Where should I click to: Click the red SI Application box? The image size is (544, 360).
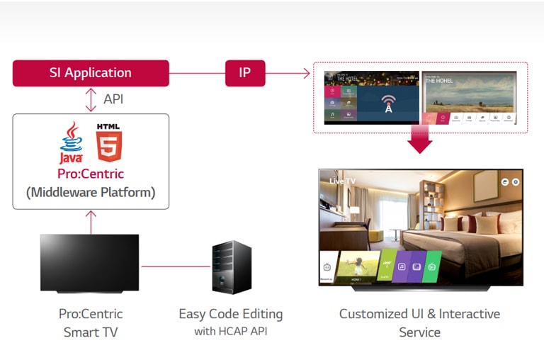[x=91, y=73]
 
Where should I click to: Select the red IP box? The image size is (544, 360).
[x=245, y=73]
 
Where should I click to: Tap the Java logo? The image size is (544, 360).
[x=71, y=141]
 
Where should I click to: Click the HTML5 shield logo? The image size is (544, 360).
[x=109, y=141]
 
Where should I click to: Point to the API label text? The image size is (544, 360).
[x=113, y=99]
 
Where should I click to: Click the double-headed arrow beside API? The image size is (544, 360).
[x=91, y=99]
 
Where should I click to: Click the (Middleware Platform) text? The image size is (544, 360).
[x=91, y=192]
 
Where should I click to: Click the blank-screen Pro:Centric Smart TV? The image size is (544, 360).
[x=90, y=261]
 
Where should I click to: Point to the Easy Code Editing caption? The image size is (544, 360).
[x=230, y=313]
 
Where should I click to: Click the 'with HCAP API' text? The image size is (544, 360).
[x=230, y=331]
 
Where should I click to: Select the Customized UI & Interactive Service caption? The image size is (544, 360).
[x=419, y=322]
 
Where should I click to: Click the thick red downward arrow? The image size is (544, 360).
[x=419, y=139]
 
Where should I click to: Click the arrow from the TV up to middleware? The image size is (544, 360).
[x=91, y=221]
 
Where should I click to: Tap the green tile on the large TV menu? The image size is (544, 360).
[x=432, y=267]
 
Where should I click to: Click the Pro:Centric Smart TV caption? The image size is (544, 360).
[x=91, y=322]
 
